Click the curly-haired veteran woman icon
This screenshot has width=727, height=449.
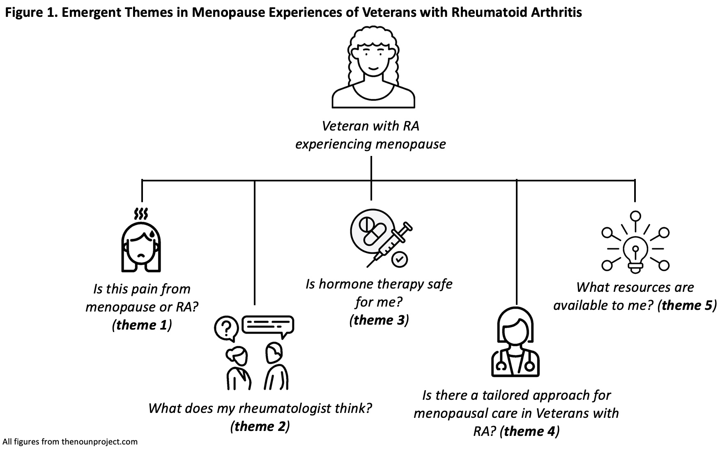coord(373,68)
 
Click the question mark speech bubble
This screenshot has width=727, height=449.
coord(226,328)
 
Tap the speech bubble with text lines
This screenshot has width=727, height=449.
coord(268,325)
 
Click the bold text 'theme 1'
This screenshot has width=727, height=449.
coord(142,325)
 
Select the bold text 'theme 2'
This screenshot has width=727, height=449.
coord(260,426)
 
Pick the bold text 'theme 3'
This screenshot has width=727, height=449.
coord(379,320)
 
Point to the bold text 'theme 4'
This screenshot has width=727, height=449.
coord(529,431)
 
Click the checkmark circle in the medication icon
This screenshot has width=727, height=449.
coord(399,259)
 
